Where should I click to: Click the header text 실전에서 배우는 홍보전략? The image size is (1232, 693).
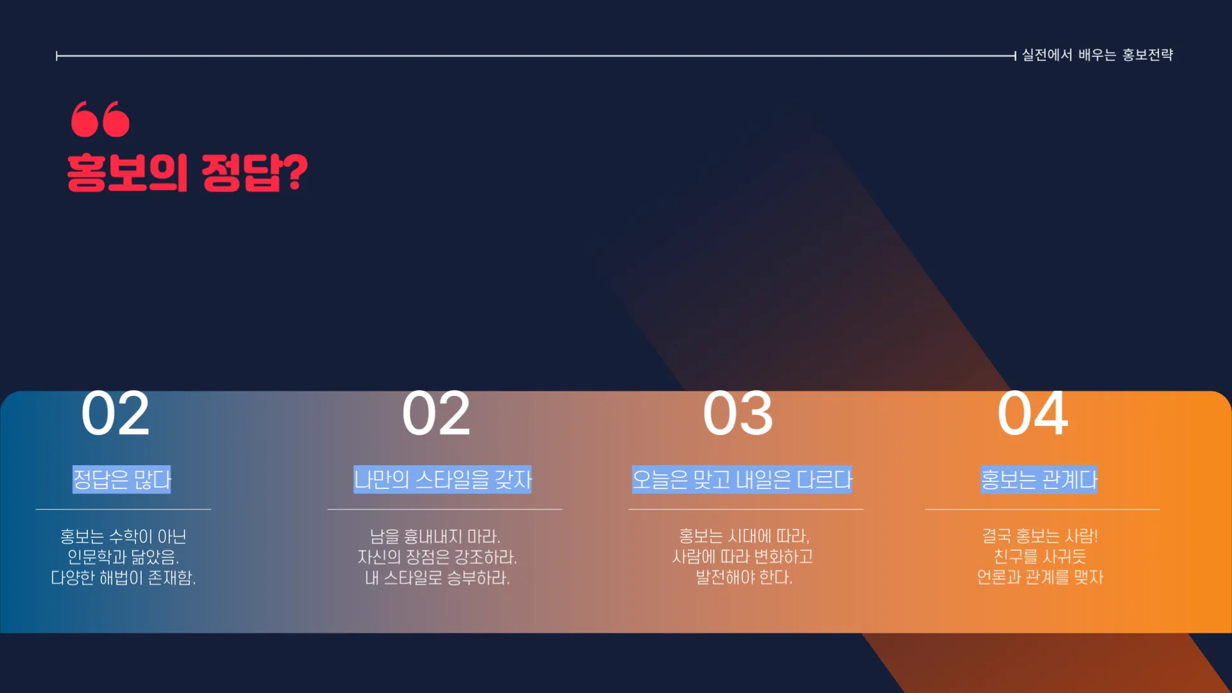pos(1097,55)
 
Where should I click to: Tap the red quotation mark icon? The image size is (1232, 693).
pos(100,119)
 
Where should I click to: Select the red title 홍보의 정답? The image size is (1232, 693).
pos(187,172)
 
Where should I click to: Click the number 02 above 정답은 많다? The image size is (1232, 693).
pos(116,413)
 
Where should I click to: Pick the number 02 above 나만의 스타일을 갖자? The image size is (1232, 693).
pos(436,413)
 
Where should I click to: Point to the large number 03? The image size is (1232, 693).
pos(738,413)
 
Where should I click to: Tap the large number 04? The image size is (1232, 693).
pos(1032,413)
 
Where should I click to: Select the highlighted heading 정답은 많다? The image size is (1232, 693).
pos(122,479)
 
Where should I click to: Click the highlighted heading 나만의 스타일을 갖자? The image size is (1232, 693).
pos(443,479)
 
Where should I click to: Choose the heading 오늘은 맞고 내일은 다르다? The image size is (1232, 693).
pos(742,479)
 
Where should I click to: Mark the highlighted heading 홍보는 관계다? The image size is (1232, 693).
pos(1039,479)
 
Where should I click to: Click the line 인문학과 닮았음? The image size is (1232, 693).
pos(123,556)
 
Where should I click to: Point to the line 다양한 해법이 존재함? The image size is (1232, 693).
pos(123,577)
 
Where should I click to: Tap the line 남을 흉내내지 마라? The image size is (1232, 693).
pos(435,536)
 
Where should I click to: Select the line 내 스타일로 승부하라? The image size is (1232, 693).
pos(438,577)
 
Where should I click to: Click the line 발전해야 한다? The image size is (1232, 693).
pos(744,577)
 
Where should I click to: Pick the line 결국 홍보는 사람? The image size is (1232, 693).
pos(1040,536)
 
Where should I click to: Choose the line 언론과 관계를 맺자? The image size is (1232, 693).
pos(1040,577)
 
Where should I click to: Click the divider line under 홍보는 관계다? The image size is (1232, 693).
pos(1042,509)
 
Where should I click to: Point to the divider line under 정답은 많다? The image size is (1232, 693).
pos(123,509)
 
